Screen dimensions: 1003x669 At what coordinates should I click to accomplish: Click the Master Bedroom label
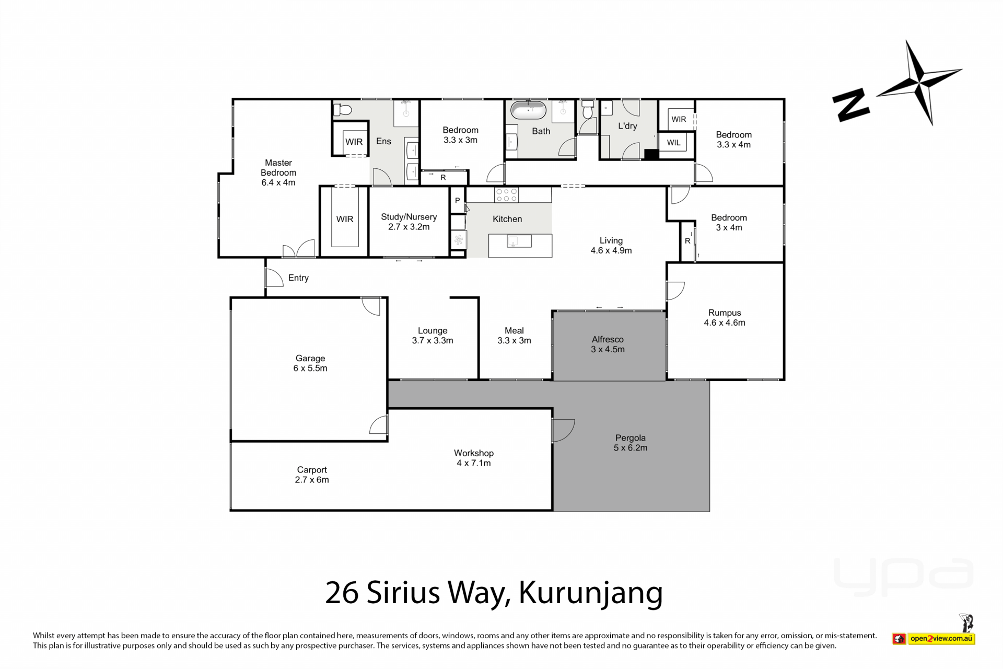click(x=278, y=172)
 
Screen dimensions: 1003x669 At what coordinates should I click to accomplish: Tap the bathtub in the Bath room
click(x=528, y=110)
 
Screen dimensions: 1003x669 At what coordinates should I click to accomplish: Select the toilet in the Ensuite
click(x=343, y=110)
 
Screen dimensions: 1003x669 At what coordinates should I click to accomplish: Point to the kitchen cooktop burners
click(x=506, y=195)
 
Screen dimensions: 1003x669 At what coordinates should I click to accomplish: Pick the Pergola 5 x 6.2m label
click(x=631, y=443)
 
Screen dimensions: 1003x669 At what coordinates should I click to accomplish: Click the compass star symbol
click(x=920, y=82)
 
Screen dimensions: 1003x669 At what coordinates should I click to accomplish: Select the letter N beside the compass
click(x=851, y=106)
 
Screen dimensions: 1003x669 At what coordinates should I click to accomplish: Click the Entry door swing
click(x=274, y=278)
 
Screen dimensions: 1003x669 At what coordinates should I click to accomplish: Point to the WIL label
click(x=673, y=143)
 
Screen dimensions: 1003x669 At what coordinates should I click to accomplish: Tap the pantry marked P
click(x=458, y=200)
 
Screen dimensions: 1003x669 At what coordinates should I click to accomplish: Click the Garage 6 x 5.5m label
click(x=310, y=363)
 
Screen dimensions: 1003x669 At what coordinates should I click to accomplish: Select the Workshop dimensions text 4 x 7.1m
click(x=474, y=463)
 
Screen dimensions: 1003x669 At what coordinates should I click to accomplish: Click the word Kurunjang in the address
click(x=590, y=593)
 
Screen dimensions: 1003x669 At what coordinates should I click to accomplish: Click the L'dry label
click(x=627, y=126)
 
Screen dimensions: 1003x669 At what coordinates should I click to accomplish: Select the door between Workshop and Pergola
click(x=563, y=430)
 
